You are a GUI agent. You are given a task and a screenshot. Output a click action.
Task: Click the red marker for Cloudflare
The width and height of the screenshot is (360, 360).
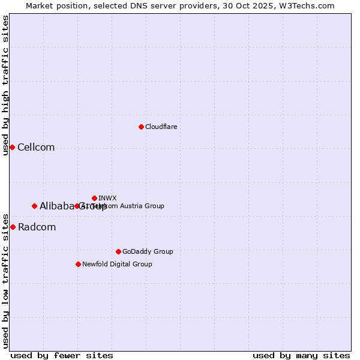coord(141,127)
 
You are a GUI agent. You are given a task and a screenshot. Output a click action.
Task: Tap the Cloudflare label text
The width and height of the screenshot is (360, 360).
coord(161,127)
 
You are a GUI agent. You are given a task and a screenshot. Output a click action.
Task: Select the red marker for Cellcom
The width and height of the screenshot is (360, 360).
coord(12,147)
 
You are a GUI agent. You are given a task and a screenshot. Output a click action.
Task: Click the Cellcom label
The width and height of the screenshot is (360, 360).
coord(36,148)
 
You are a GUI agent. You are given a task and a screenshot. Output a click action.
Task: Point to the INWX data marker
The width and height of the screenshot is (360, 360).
coord(94,198)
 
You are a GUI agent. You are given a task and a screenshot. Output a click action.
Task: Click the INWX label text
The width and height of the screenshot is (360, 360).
coord(107,198)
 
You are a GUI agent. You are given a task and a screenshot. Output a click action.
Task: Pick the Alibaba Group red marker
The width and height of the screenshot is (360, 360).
coord(34,206)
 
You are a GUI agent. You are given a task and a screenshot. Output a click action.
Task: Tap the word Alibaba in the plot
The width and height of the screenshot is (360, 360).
coord(56,206)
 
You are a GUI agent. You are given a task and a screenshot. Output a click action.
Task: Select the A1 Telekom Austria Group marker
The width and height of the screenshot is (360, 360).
coord(77,206)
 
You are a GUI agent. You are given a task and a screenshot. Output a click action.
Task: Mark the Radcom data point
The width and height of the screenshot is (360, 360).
coord(13,227)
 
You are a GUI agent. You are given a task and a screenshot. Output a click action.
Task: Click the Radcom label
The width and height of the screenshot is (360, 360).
coord(37,227)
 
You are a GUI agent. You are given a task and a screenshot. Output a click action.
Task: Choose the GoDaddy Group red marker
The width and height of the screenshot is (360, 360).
coord(118,251)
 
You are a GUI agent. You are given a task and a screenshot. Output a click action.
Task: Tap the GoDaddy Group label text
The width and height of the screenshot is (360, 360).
coord(148,251)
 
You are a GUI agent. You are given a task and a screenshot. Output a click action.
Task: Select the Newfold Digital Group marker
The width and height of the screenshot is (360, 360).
coord(78,264)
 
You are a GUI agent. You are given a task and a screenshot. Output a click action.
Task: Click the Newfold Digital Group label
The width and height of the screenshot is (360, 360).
coord(117,264)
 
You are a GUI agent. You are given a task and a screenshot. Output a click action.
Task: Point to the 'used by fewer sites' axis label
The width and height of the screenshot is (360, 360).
coord(62,356)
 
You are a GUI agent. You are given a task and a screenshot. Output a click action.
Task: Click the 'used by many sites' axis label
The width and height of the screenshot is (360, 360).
coord(301,356)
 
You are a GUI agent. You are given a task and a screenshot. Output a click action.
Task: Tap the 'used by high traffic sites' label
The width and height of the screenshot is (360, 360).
coord(5,85)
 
